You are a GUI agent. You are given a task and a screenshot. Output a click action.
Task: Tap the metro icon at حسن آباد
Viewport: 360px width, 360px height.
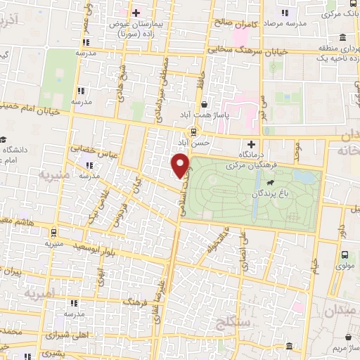[193, 132]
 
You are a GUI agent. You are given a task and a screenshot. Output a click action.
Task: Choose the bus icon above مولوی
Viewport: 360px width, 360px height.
[345, 255]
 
